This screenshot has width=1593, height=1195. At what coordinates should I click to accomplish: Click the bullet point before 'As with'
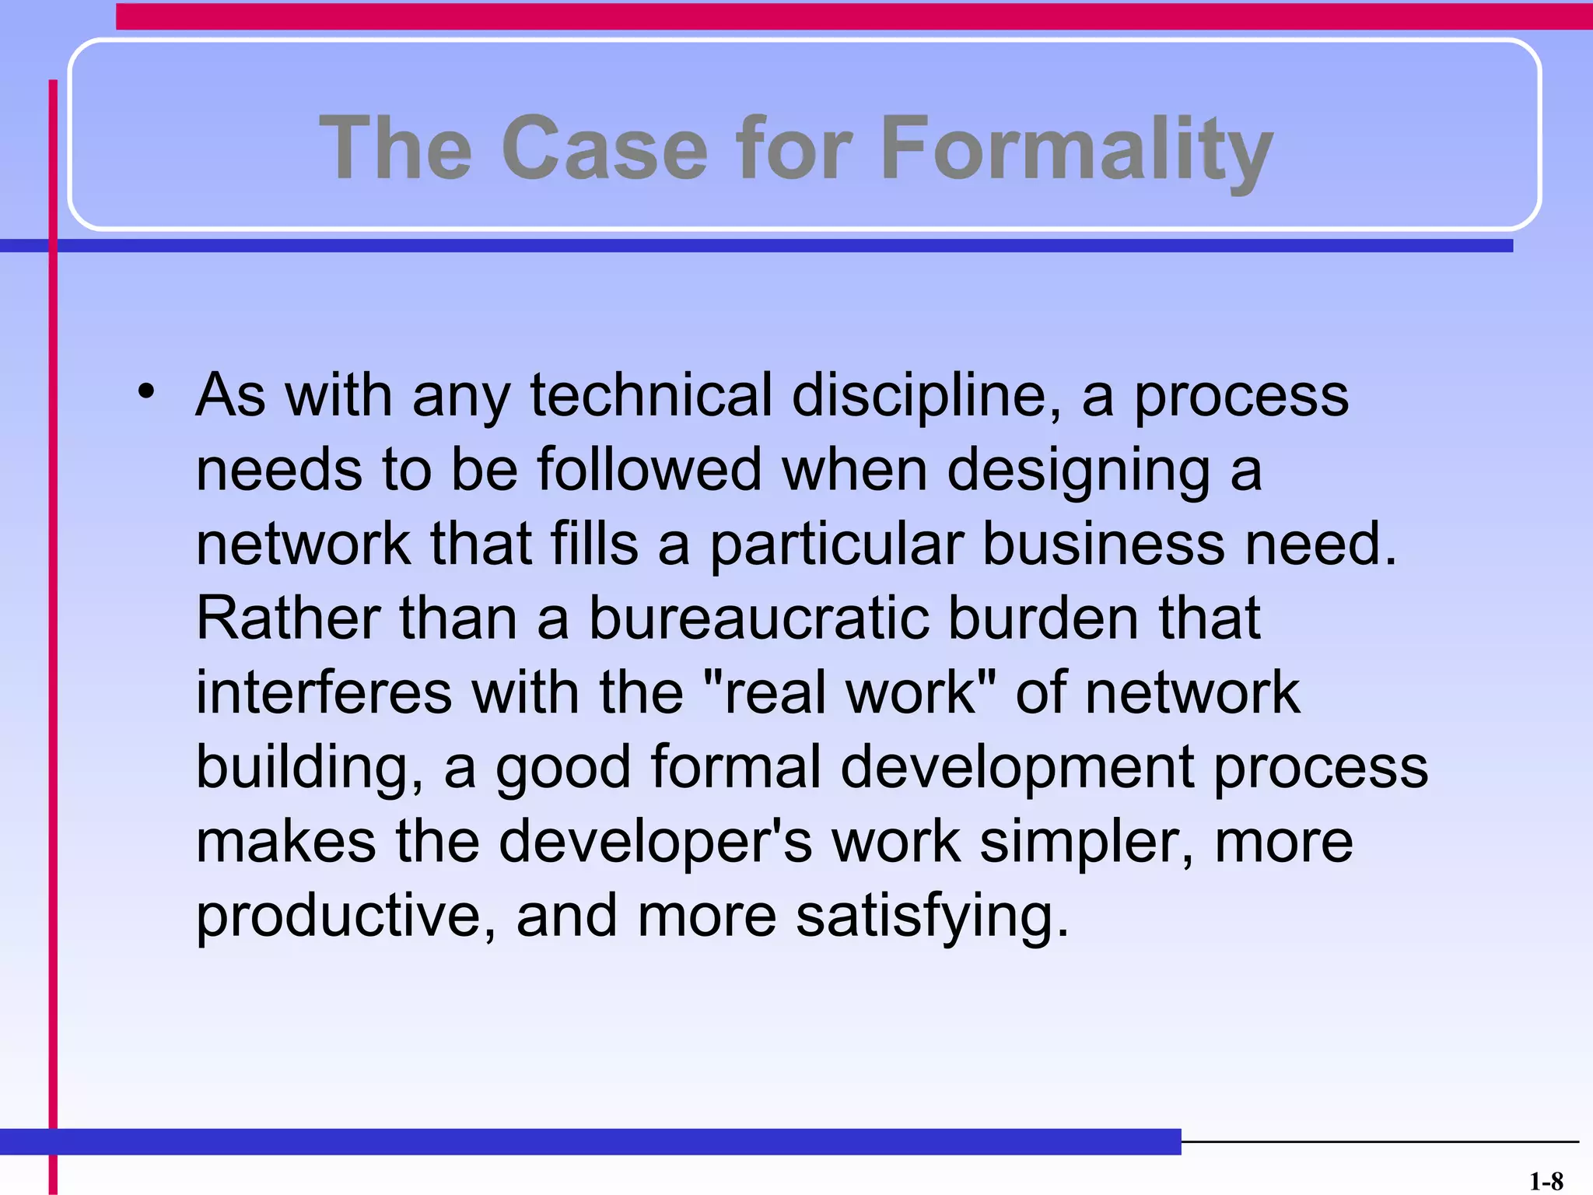pos(146,391)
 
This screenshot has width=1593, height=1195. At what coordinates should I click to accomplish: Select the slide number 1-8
pos(1546,1182)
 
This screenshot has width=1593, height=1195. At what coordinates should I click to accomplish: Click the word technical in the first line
pos(651,395)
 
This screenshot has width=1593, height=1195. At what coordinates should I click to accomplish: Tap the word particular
pos(836,545)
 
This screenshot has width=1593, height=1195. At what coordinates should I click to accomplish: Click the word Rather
pos(288,618)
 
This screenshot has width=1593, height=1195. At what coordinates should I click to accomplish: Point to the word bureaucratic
pos(758,618)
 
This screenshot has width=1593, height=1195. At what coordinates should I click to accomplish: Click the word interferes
pos(324,692)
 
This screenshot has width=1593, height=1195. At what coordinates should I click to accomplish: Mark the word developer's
pos(655,843)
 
